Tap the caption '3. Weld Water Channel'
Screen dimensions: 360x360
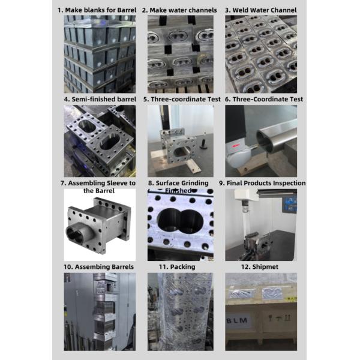pos(260,10)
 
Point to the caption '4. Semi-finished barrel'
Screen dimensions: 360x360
pos(99,99)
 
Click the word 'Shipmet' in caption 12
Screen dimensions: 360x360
pos(266,266)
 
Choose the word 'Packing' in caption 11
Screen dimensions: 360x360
pos(182,266)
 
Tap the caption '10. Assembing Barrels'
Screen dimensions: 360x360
pos(99,266)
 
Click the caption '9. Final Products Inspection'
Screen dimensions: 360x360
pos(262,183)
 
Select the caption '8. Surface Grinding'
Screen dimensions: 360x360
pos(182,183)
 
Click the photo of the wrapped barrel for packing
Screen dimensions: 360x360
pos(181,311)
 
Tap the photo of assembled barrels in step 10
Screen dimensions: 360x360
pos(99,311)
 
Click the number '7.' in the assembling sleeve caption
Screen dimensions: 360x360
pos(63,183)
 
